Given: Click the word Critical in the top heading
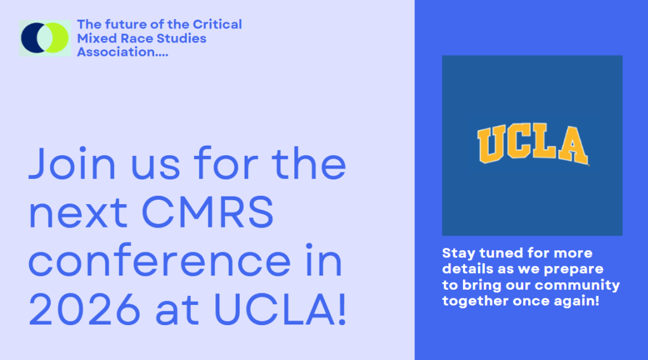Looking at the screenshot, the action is pos(217,24).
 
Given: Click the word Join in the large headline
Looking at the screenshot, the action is pos(72,164).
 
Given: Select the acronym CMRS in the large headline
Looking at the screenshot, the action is pos(207,212).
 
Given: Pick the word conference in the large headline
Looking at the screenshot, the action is pos(160,261).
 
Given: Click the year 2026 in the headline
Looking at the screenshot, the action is pos(85,309).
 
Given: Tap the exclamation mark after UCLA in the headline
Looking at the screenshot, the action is pos(342,309).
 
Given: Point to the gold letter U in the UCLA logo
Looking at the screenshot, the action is pos(491,145).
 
